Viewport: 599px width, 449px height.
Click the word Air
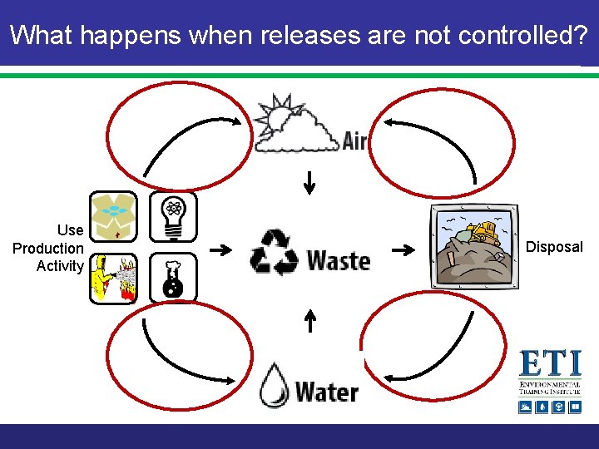point(355,141)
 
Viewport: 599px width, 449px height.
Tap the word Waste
point(339,260)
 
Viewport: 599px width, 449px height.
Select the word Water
point(327,391)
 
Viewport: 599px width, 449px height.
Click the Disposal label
point(555,247)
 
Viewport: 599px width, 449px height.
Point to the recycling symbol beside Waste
point(274,251)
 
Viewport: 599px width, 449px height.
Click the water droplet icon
point(274,386)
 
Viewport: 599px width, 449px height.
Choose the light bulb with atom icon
point(173,216)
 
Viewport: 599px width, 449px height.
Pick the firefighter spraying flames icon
point(113,279)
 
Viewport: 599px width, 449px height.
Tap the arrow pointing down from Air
point(309,182)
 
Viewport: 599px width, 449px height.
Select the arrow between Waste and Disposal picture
point(403,249)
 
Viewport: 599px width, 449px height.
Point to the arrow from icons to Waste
point(220,249)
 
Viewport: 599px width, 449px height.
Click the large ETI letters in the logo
point(550,364)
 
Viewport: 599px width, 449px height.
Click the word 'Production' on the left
point(48,248)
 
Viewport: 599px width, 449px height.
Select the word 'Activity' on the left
point(60,266)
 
